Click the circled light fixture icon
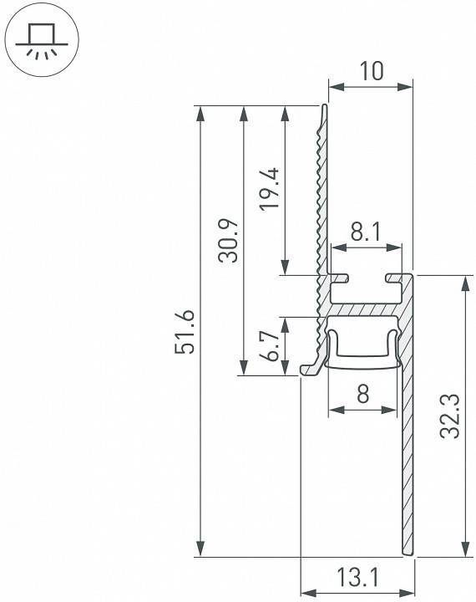[41, 41]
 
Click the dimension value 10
[371, 71]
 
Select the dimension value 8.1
[367, 232]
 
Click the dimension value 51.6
[185, 331]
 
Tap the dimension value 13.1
[358, 577]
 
